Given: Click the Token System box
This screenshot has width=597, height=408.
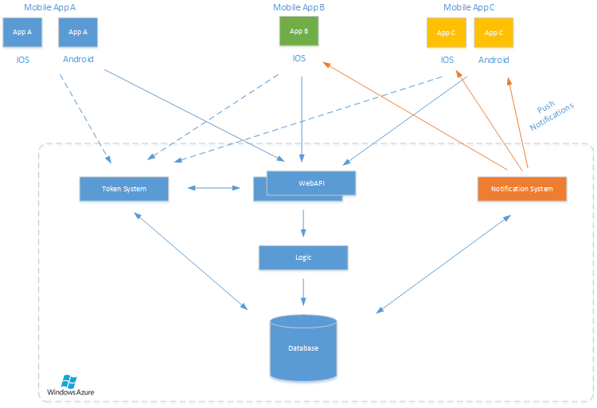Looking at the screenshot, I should (124, 189).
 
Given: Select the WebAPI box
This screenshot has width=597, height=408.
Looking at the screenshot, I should (311, 184).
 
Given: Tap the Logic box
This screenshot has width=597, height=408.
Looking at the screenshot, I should (302, 258).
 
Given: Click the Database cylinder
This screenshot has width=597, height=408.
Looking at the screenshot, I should (303, 348).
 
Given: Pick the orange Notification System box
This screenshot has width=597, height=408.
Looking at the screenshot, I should (522, 189).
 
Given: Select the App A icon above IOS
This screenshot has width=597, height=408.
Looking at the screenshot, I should (23, 33).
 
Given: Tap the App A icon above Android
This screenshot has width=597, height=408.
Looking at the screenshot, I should (78, 33).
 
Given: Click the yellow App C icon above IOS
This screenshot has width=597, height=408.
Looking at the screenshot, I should (447, 33).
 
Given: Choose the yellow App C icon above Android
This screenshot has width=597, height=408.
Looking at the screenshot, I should (494, 33).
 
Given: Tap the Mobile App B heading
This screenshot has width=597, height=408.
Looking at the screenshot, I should (298, 6).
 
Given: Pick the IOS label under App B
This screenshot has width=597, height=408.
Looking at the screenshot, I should (299, 58).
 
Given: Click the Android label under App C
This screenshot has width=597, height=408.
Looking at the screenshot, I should (494, 60).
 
